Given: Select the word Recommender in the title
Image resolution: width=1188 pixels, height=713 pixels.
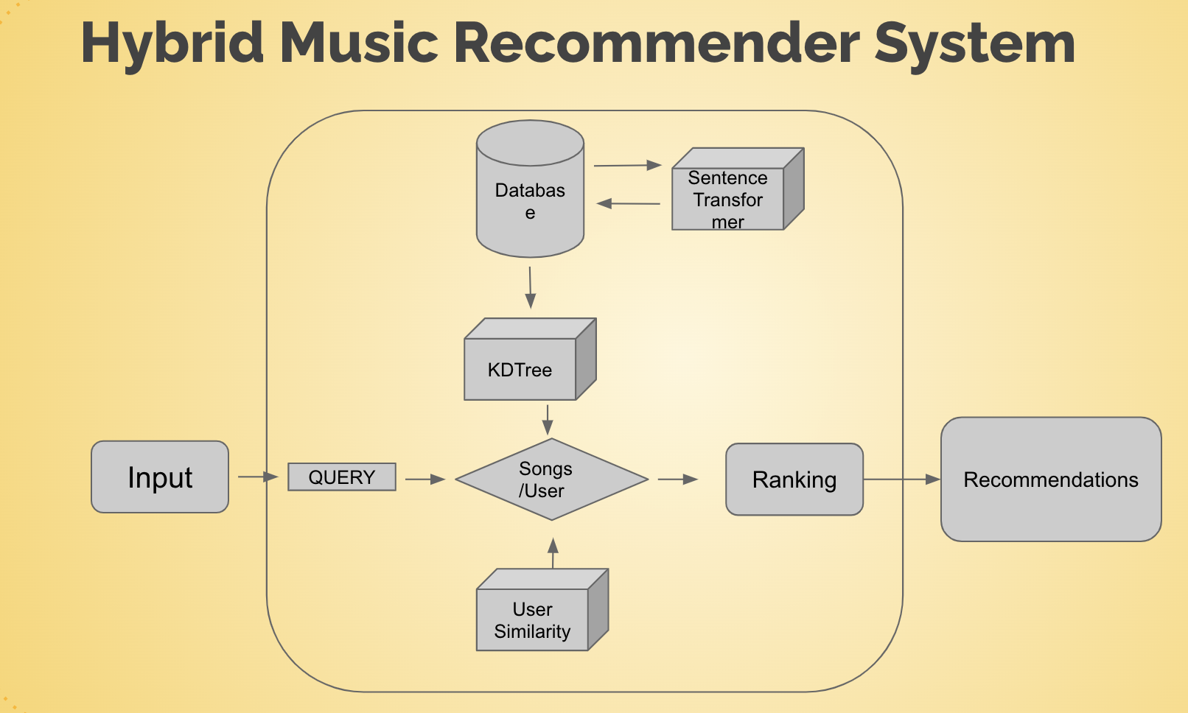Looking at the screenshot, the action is [x=656, y=43].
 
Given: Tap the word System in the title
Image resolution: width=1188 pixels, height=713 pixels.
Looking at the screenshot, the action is [x=975, y=46].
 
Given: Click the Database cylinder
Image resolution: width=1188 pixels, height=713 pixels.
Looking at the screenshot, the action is [x=531, y=189].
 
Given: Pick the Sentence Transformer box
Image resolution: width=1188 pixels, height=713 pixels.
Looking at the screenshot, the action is [x=738, y=189].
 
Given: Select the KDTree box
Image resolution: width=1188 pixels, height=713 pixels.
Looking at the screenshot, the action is [x=531, y=359].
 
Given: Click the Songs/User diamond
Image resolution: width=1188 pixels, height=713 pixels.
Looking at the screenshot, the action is [x=551, y=480].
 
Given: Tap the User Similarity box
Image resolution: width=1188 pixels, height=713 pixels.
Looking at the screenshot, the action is [x=542, y=610].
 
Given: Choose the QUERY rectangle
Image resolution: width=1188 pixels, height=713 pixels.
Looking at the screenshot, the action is [x=342, y=477].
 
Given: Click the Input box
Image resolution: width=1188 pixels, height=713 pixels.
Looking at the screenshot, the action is [x=160, y=477].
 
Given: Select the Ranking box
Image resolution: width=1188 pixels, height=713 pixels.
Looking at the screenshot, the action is [x=794, y=480].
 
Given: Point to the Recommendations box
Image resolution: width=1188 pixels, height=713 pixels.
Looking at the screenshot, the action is [x=1051, y=480].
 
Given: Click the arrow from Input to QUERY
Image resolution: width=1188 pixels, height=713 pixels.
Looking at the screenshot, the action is [x=258, y=477].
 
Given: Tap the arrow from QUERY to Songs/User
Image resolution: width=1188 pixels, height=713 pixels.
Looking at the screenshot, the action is [x=425, y=480].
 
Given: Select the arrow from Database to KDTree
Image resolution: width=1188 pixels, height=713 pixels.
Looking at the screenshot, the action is [x=530, y=288].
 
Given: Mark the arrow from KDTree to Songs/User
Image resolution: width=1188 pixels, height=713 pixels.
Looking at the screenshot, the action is [x=548, y=420].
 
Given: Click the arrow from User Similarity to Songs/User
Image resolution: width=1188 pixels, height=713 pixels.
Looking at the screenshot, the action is [x=553, y=553].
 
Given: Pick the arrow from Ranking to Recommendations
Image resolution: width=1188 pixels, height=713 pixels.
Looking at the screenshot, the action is [x=901, y=480].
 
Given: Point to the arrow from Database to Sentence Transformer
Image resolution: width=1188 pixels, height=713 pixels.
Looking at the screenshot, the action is [x=628, y=166].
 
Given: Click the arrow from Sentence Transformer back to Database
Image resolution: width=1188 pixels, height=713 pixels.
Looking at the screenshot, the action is [x=628, y=203].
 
